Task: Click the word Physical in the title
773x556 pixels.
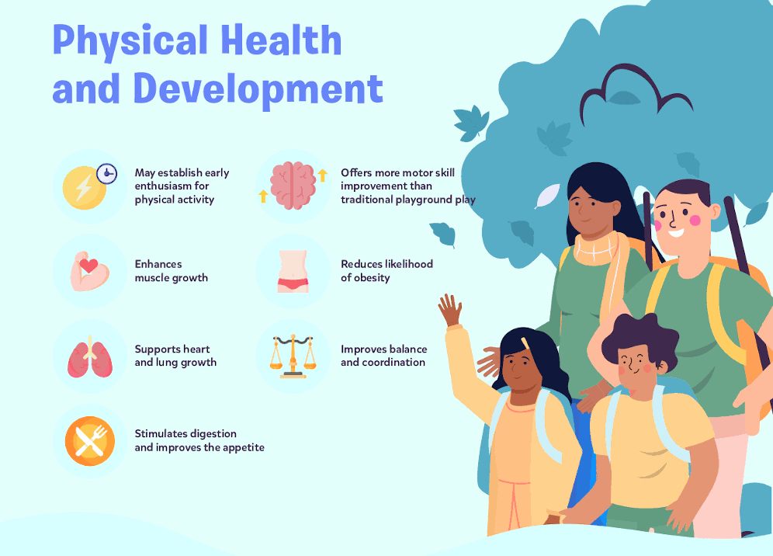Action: click(130, 41)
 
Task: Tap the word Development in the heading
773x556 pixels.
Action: click(258, 89)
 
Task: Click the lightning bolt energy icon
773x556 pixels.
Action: click(84, 188)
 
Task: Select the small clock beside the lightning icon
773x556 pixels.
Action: click(106, 174)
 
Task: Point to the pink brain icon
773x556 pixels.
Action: click(293, 185)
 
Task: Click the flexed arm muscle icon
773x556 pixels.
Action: click(89, 271)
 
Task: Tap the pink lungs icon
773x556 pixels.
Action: click(90, 357)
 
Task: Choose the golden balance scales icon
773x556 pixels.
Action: click(293, 356)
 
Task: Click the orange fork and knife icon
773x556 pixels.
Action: click(90, 441)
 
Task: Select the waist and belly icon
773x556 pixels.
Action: click(293, 271)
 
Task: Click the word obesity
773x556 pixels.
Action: click(371, 278)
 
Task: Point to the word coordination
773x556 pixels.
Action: click(393, 362)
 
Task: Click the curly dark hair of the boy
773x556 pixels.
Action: click(640, 339)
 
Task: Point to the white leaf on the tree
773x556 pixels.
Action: click(547, 196)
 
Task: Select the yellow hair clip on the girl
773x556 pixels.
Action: click(525, 343)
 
